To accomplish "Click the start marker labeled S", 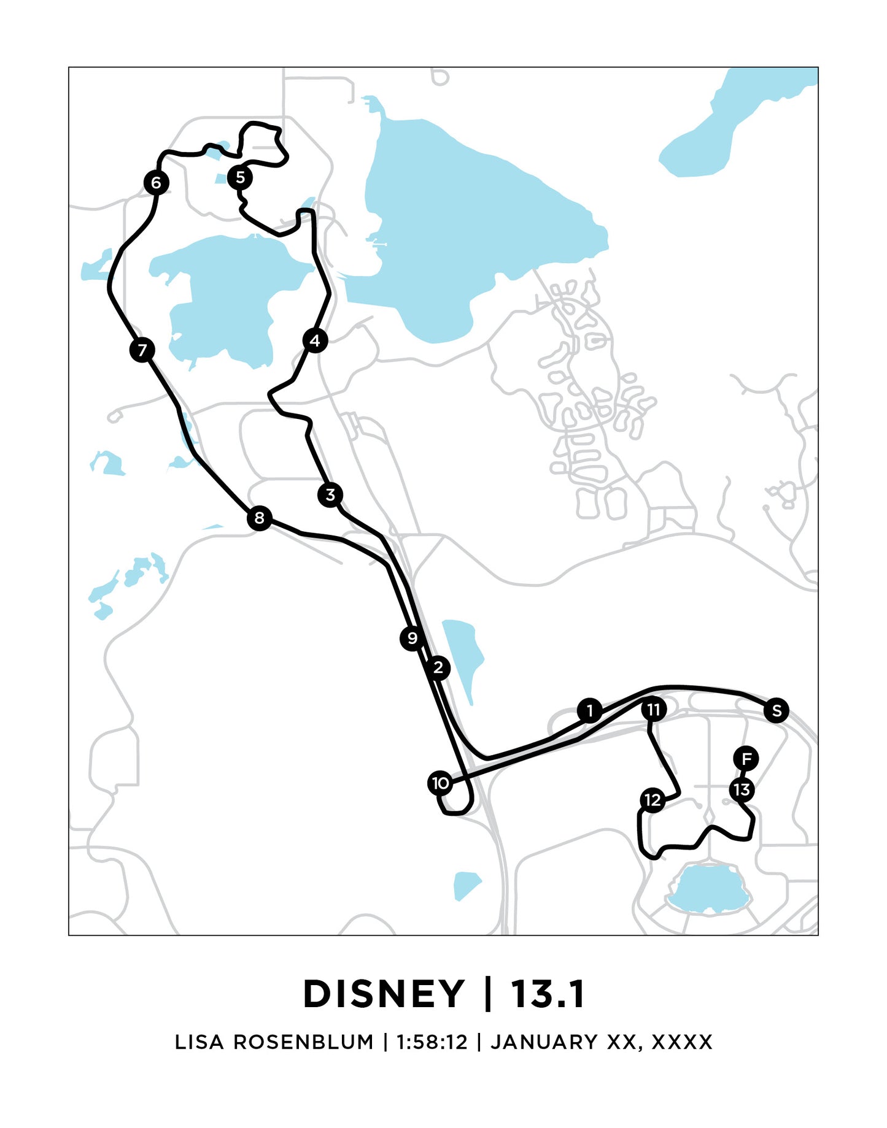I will pyautogui.click(x=777, y=710).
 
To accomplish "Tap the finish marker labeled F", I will pyautogui.click(x=746, y=759).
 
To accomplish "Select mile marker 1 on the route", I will pyautogui.click(x=590, y=710).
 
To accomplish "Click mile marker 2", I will pyautogui.click(x=438, y=667).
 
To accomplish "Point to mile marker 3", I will pyautogui.click(x=330, y=494).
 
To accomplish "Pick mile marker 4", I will pyautogui.click(x=315, y=340).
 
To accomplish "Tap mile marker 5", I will pyautogui.click(x=240, y=177).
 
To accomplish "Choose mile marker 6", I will pyautogui.click(x=156, y=182).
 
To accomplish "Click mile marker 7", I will pyautogui.click(x=142, y=350).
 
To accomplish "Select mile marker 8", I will pyautogui.click(x=259, y=518).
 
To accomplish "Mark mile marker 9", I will pyautogui.click(x=412, y=639).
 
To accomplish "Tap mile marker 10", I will pyautogui.click(x=440, y=783).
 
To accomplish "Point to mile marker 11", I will pyautogui.click(x=654, y=710).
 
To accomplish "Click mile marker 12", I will pyautogui.click(x=652, y=800).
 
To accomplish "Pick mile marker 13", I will pyautogui.click(x=742, y=789).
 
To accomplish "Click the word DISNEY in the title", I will pyautogui.click(x=384, y=994).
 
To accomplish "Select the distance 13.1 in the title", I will pyautogui.click(x=548, y=994).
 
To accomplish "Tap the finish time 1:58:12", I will pyautogui.click(x=432, y=1042).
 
